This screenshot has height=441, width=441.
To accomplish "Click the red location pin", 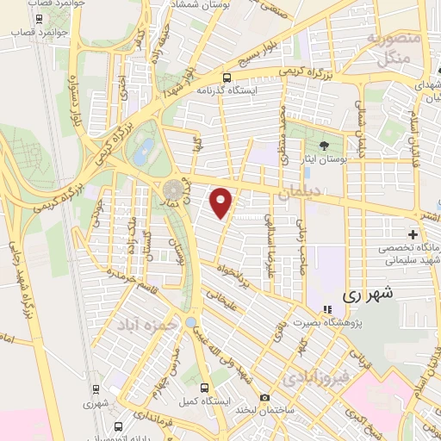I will pyautogui.click(x=222, y=202).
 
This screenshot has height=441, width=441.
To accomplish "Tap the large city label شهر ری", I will pyautogui.click(x=368, y=293).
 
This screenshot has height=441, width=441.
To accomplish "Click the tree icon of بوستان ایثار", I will pyautogui.click(x=325, y=146).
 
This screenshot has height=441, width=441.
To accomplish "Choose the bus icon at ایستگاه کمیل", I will pyautogui.click(x=204, y=388).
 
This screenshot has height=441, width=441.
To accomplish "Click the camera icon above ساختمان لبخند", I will pyautogui.click(x=264, y=398).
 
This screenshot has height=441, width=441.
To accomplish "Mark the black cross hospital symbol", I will pyautogui.click(x=413, y=234).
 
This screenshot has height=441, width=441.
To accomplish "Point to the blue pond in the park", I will pyautogui.click(x=143, y=154).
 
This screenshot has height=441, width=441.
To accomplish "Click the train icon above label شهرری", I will pyautogui.click(x=96, y=388).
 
